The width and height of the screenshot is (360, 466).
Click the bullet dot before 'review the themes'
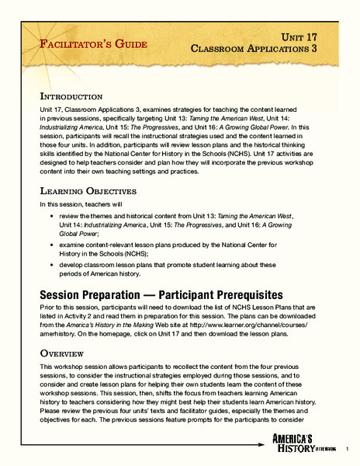(51, 214)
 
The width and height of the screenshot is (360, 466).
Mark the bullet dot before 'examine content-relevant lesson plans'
(51, 244)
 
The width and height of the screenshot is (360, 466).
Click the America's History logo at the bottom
(313, 442)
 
